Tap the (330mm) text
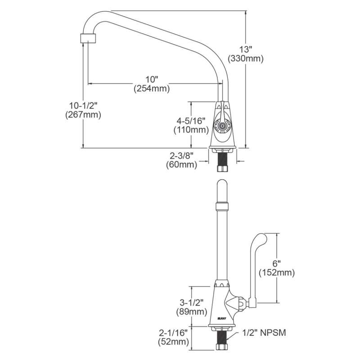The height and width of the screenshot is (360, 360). pos(246,58)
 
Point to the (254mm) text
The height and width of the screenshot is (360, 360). pos(152,89)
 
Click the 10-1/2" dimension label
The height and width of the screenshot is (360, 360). pos(83,105)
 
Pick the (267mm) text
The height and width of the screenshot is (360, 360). pos(83,115)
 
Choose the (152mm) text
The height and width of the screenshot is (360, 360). pos(277,273)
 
